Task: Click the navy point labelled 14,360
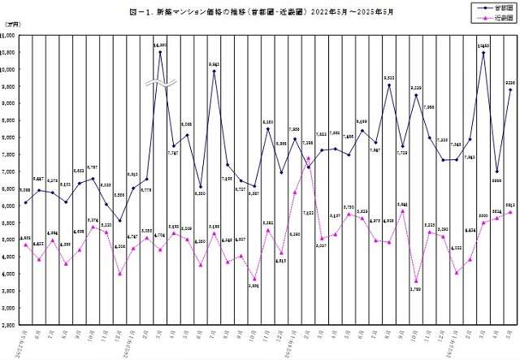[160, 52]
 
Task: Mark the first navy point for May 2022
[26, 202]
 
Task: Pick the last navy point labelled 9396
[510, 89]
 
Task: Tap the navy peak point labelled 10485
[483, 53]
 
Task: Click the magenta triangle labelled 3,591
[254, 279]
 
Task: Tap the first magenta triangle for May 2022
[26, 245]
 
